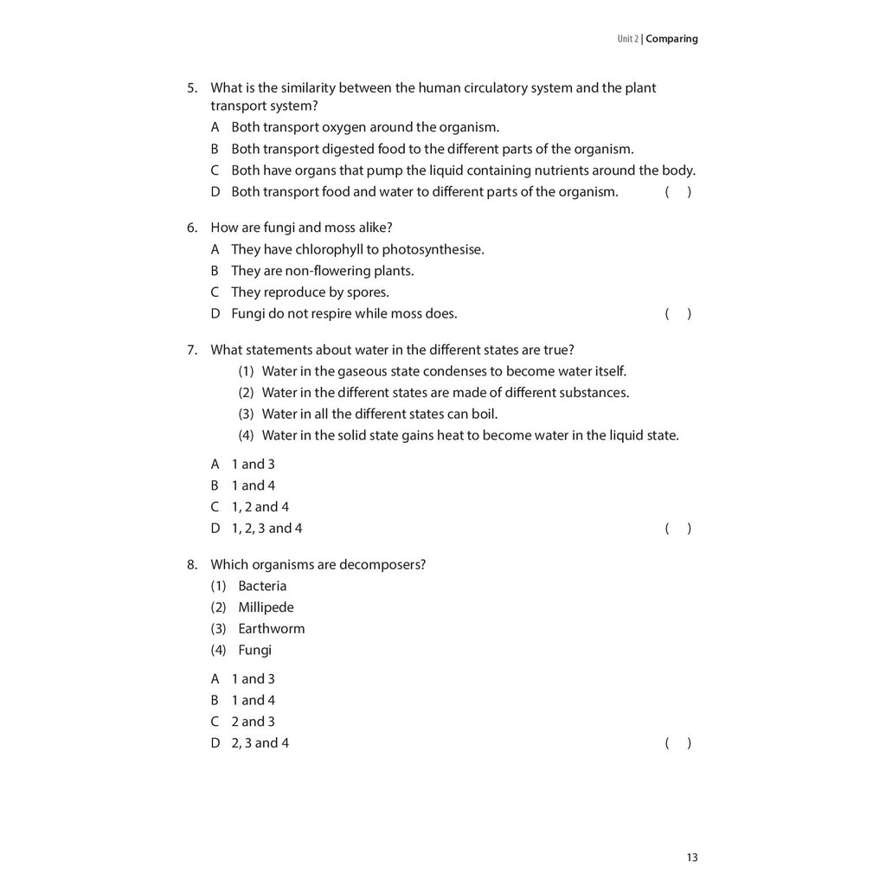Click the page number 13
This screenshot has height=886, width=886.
(692, 857)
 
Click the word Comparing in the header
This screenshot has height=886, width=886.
(671, 39)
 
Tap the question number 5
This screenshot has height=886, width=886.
(192, 88)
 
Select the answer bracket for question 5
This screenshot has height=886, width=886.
(677, 192)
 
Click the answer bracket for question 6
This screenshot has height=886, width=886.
(677, 314)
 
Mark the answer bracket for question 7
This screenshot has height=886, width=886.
(677, 529)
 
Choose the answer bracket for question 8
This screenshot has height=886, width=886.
(677, 743)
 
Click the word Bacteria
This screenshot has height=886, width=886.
(262, 587)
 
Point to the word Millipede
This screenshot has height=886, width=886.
(266, 607)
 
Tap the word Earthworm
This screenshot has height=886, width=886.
(272, 629)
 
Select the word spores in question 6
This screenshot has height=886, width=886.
(369, 292)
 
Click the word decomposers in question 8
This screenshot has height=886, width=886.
(382, 565)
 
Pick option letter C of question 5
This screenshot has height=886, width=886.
(215, 170)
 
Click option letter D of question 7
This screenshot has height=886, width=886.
(215, 529)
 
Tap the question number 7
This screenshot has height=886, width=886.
(192, 350)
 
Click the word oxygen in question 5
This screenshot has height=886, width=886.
(343, 127)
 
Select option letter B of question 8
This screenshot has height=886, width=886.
(215, 701)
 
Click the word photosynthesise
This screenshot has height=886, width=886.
(433, 250)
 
